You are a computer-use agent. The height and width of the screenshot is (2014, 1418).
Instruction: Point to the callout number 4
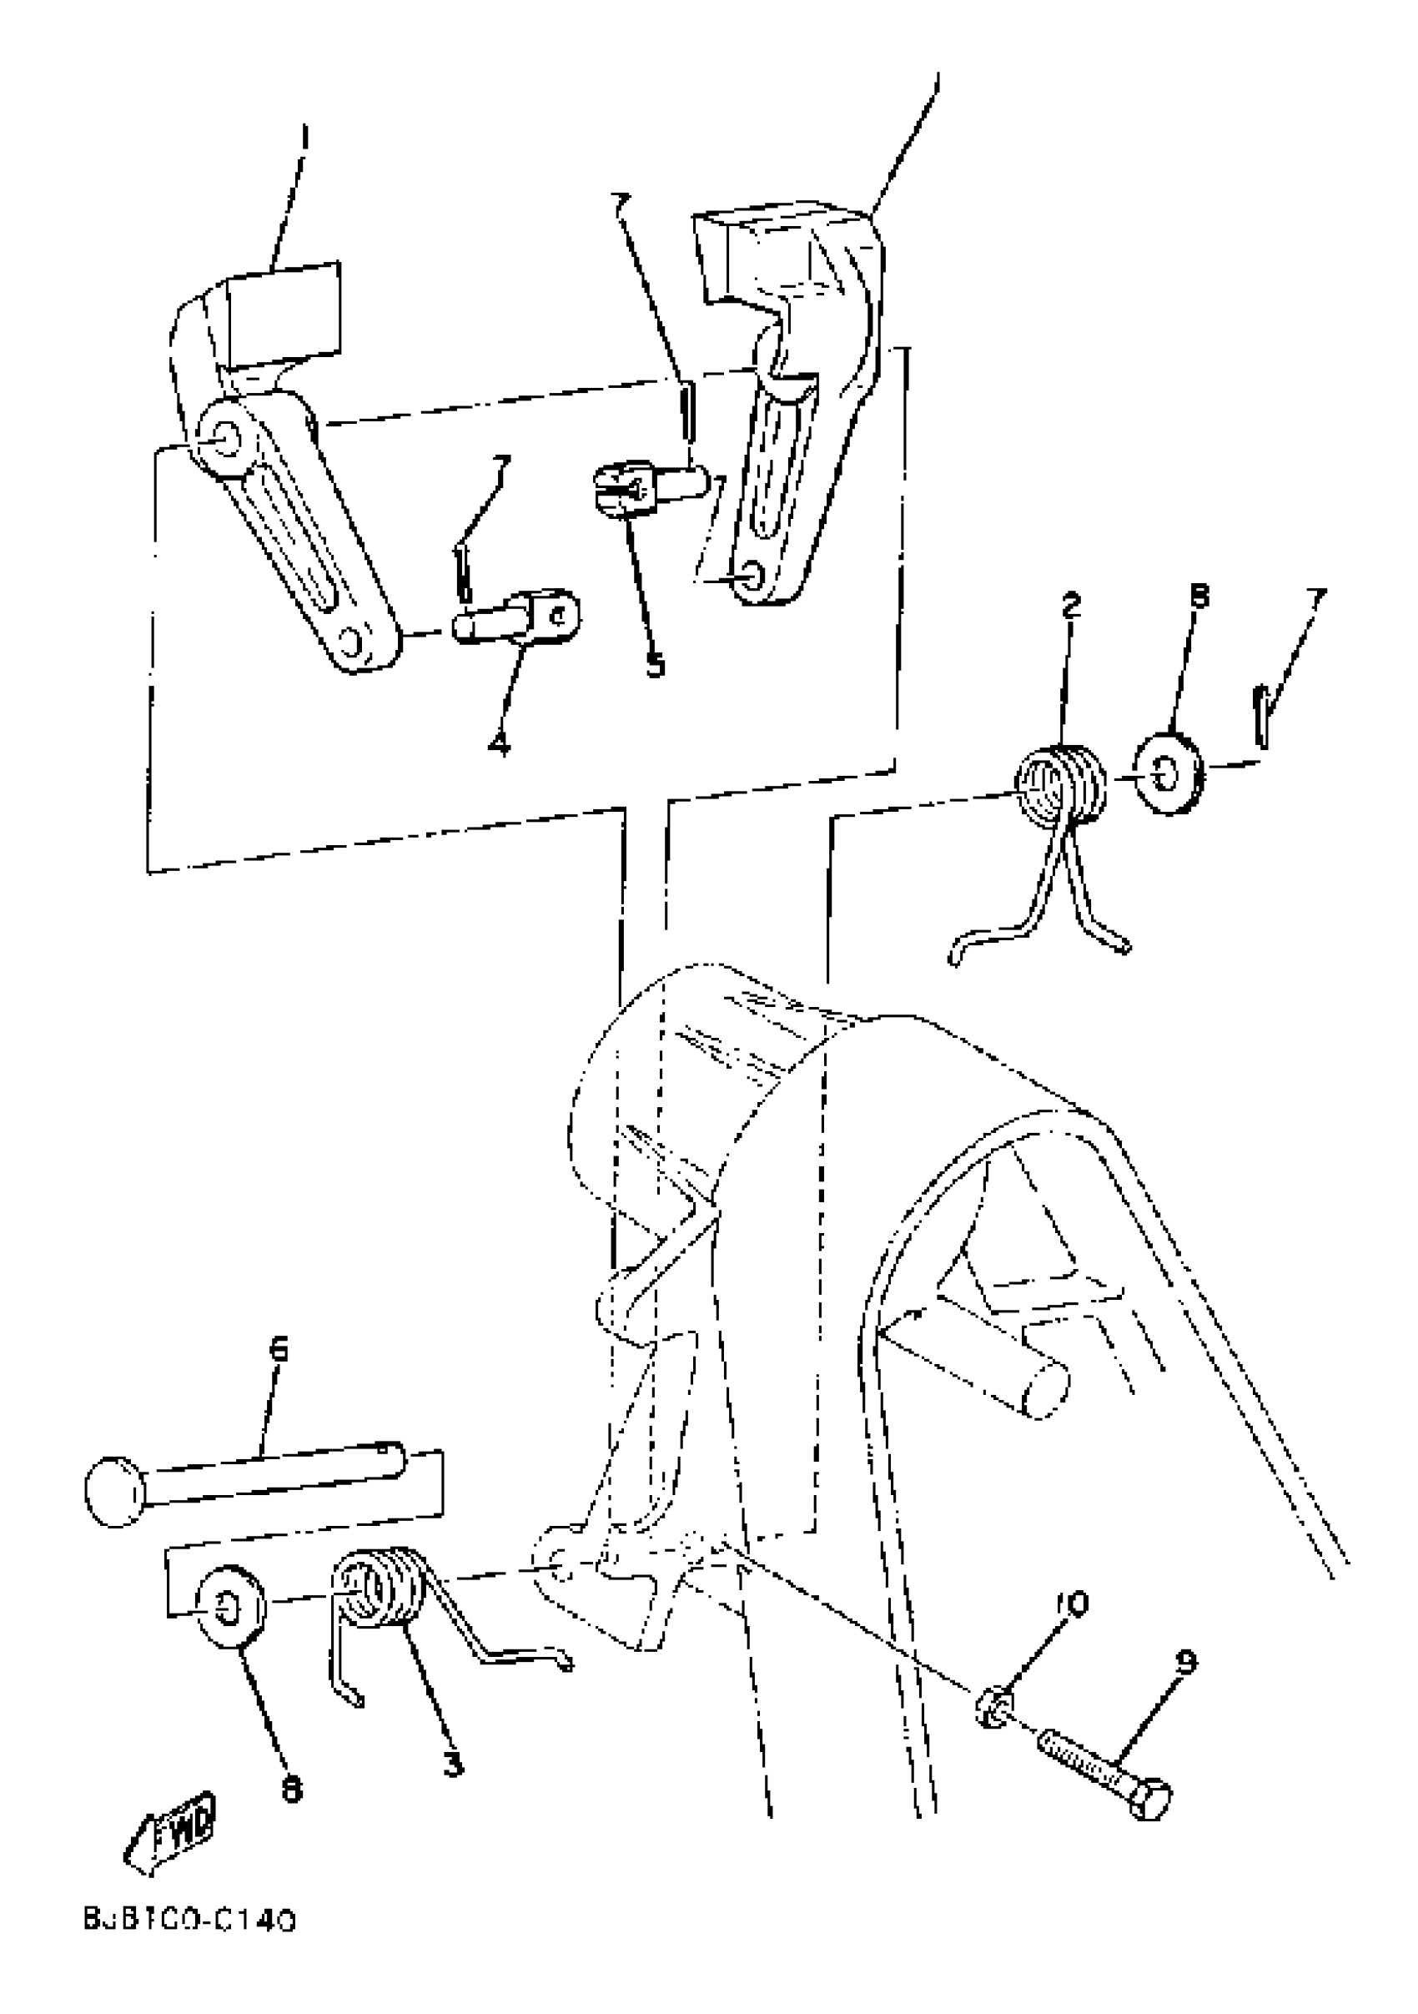click(499, 745)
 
